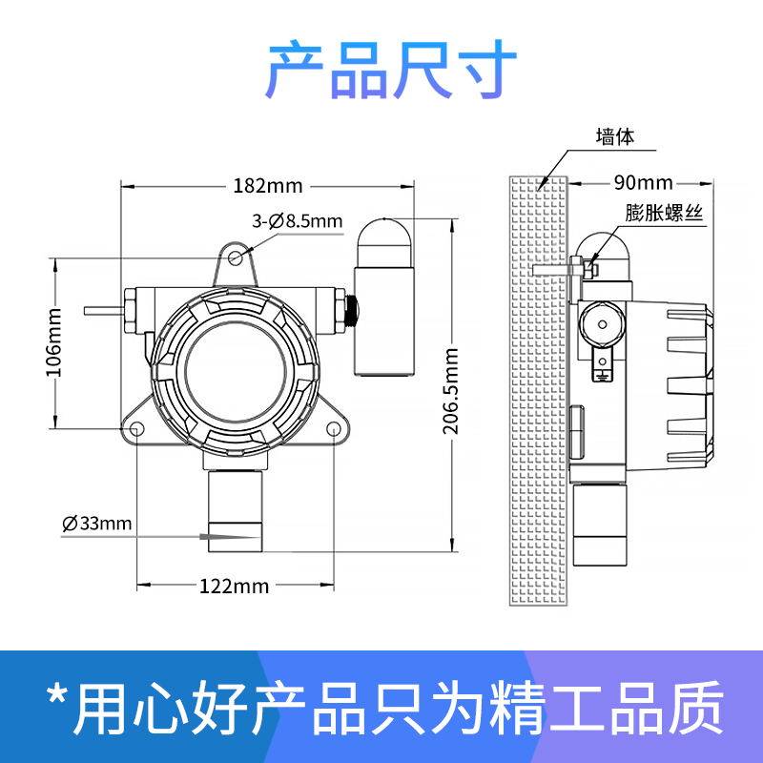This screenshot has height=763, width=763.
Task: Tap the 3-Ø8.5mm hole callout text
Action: click(297, 221)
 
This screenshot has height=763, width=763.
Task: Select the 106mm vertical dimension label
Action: click(54, 340)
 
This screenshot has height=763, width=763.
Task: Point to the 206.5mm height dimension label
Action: click(452, 391)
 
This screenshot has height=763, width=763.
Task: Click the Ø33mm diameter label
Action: click(96, 523)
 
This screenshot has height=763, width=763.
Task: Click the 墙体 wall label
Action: click(614, 136)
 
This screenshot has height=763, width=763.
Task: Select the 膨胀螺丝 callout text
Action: click(664, 214)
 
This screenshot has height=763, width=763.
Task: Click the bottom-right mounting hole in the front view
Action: click(335, 428)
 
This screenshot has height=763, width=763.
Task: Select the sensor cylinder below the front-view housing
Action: click(235, 510)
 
